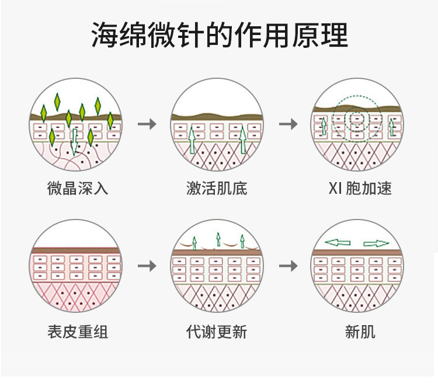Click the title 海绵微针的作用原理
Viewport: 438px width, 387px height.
coord(219,36)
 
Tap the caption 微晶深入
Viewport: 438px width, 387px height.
coord(78,188)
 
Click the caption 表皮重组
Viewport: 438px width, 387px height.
coord(78,332)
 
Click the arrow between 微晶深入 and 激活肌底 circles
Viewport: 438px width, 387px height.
coord(147,124)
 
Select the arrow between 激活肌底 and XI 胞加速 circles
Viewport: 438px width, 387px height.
coord(288,124)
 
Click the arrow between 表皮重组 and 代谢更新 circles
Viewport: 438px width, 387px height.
coord(147,266)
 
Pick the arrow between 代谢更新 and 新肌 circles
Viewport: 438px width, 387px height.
coord(288,266)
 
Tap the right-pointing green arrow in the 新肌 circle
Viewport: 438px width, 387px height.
coord(376,243)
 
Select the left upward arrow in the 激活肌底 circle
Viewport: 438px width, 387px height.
coord(191,141)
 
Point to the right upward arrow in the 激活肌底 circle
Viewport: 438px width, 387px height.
coord(243,140)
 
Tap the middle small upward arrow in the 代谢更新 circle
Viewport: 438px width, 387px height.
coord(218,238)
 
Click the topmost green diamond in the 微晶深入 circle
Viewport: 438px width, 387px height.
coord(57,102)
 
